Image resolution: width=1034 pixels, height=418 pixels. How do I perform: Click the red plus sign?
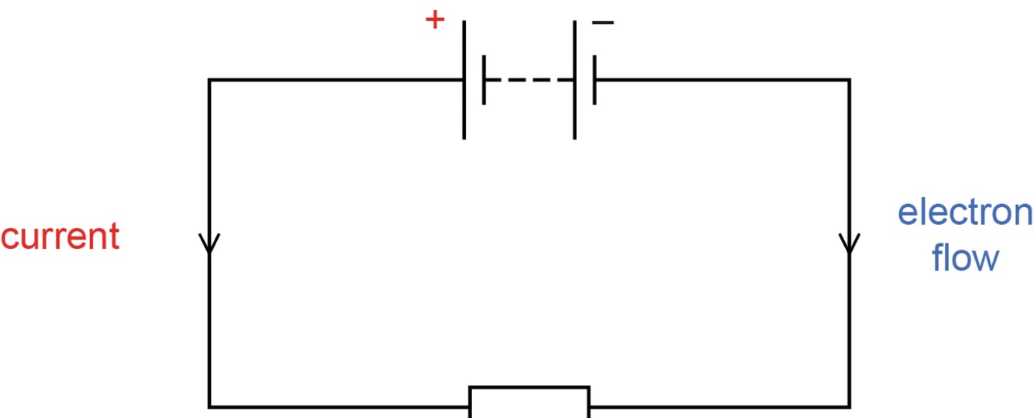pyautogui.click(x=436, y=19)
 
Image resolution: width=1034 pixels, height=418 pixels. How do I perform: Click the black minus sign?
pyautogui.click(x=603, y=22)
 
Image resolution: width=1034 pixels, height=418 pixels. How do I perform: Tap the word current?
pyautogui.click(x=60, y=236)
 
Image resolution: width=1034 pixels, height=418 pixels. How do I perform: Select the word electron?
pyautogui.click(x=964, y=212)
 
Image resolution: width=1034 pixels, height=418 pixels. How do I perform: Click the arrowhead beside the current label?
pyautogui.click(x=209, y=244)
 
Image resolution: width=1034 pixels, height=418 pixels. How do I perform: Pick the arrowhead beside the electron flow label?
pyautogui.click(x=850, y=244)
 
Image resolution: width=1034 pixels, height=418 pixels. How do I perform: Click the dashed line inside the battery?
pyautogui.click(x=529, y=80)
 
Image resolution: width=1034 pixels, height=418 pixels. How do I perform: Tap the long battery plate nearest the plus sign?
pyautogui.click(x=464, y=80)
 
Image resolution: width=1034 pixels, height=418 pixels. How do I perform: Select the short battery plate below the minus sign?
pyautogui.click(x=595, y=80)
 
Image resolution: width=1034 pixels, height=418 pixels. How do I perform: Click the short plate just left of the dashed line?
pyautogui.click(x=484, y=80)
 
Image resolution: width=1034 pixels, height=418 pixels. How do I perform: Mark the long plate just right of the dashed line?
pyautogui.click(x=574, y=80)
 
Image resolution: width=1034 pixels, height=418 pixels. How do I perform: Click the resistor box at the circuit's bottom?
pyautogui.click(x=529, y=402)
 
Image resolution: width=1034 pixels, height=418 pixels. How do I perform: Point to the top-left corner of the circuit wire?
pyautogui.click(x=209, y=80)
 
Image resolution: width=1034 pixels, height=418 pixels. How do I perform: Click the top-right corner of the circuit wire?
pyautogui.click(x=850, y=80)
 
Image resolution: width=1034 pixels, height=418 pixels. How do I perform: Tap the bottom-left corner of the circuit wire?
pyautogui.click(x=209, y=406)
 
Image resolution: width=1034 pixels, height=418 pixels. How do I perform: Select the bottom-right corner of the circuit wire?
pyautogui.click(x=850, y=406)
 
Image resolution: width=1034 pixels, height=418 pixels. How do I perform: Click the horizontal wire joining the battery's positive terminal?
pyautogui.click(x=333, y=80)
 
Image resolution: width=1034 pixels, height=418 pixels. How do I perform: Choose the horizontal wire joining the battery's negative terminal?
pyautogui.click(x=721, y=80)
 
